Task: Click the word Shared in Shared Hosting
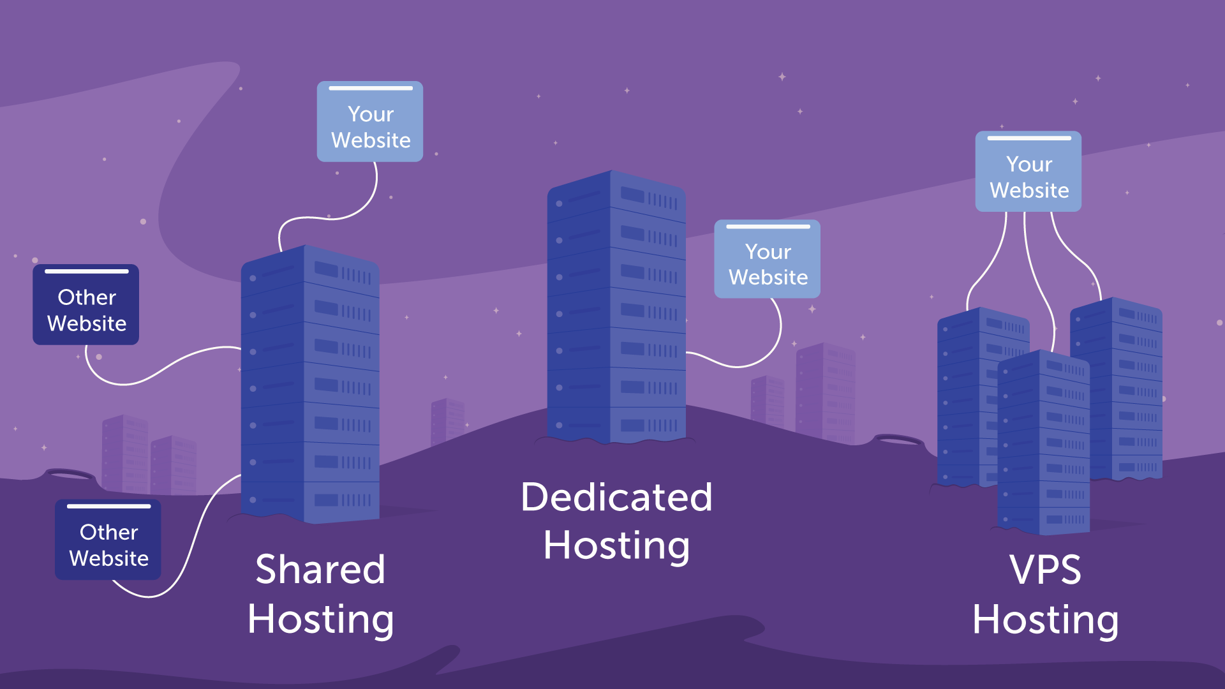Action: tap(320, 569)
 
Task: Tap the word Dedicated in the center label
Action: tap(616, 497)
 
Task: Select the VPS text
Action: tap(1045, 570)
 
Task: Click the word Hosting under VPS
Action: tap(1045, 620)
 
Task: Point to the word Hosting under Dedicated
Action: tap(616, 546)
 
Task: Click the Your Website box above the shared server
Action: tap(370, 122)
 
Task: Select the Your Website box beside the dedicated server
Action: tap(768, 260)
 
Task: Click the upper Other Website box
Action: tap(86, 306)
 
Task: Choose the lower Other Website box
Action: tap(108, 540)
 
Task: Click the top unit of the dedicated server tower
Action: tap(616, 195)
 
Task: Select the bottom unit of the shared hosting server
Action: tap(309, 501)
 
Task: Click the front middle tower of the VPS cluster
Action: tap(1043, 447)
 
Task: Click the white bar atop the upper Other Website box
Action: tap(86, 272)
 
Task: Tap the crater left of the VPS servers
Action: tap(898, 440)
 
